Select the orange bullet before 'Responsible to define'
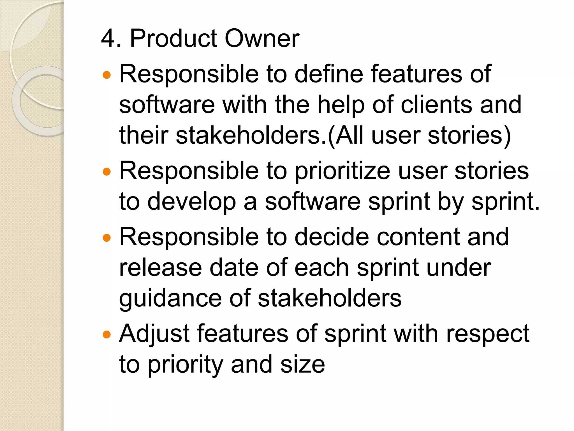(107, 75)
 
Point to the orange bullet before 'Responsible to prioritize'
(107, 171)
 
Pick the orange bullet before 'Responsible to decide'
(107, 238)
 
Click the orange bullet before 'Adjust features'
(107, 334)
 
